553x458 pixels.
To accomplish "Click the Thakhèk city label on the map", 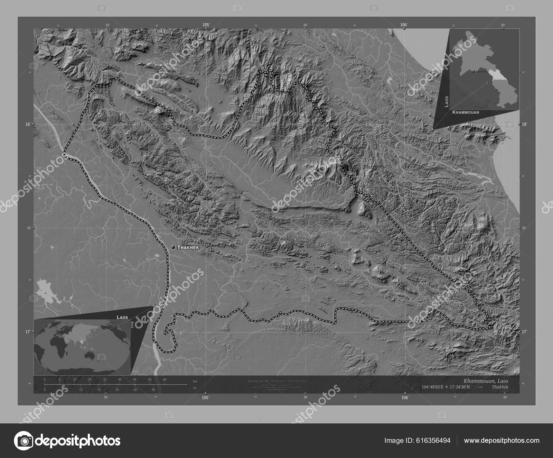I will tap(188, 248).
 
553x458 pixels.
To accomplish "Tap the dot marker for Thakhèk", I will tap(173, 247).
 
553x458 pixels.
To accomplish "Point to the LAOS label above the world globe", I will tap(122, 317).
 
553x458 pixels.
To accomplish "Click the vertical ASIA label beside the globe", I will tap(132, 324).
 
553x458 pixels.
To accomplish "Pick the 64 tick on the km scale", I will tap(165, 380).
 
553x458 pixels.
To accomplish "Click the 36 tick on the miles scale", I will tap(153, 390).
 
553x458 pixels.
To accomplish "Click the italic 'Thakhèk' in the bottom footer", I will tap(500, 387).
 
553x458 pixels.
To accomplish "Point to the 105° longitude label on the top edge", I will tap(206, 25).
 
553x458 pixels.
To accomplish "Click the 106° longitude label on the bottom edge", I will tap(405, 397).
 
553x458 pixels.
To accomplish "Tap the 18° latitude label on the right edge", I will tap(524, 124).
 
